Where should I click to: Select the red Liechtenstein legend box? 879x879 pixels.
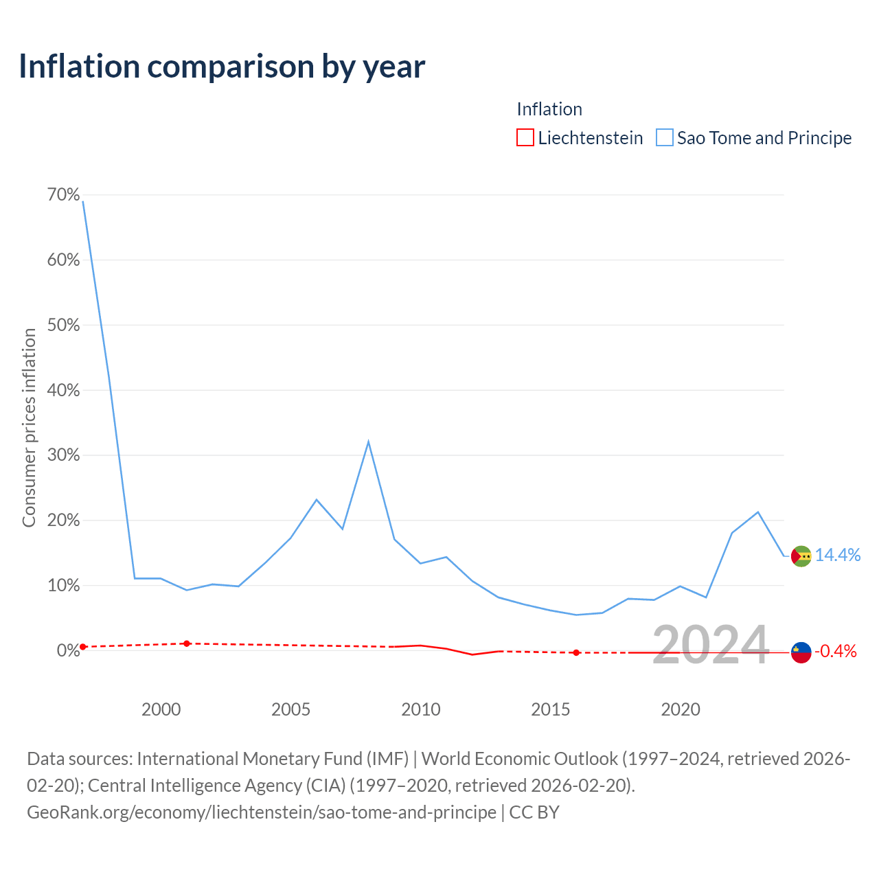point(525,137)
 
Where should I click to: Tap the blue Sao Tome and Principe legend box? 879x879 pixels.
point(663,137)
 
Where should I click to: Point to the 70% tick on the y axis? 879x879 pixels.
point(63,194)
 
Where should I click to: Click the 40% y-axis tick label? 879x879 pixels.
point(63,390)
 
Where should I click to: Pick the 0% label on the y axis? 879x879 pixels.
point(68,650)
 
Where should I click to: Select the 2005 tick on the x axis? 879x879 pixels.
point(290,709)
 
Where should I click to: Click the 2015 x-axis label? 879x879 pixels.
point(550,709)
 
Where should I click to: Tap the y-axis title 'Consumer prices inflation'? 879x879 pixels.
point(29,428)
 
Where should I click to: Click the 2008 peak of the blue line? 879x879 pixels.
point(368,442)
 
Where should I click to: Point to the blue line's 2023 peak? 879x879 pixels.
point(757,512)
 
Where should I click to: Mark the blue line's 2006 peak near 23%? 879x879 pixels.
point(316,499)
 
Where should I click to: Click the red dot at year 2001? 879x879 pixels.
point(187,643)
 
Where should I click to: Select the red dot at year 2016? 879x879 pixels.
point(576,652)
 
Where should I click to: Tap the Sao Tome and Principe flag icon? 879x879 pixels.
point(801,556)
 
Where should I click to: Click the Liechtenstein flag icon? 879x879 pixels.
point(801,652)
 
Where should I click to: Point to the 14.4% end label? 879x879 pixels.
point(838,555)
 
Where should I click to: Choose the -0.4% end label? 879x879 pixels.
point(836,651)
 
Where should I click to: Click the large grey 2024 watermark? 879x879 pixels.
point(711,645)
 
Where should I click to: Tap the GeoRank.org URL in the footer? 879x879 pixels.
point(262,812)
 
